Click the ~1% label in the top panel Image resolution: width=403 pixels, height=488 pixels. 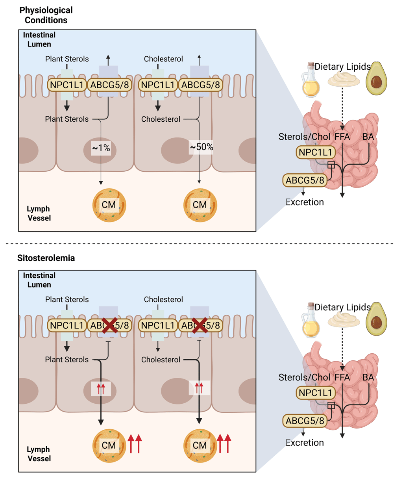point(101,148)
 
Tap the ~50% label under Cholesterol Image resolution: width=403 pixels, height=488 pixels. point(201,147)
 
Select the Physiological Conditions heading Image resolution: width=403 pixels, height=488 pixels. point(46,15)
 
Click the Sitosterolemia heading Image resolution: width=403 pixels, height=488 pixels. point(46,258)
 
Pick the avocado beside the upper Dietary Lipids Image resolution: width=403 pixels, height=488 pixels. point(376,78)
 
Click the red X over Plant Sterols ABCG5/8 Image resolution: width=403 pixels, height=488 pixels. point(109,325)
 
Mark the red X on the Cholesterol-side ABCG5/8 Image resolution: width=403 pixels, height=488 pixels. point(200,325)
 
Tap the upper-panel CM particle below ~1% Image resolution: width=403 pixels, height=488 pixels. point(109,205)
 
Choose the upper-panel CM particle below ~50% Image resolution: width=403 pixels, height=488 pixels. point(200,205)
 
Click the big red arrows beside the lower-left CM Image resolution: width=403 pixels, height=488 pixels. point(135,444)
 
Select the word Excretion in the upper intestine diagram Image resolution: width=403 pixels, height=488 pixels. point(305,202)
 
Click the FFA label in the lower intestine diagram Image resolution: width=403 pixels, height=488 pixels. point(342,377)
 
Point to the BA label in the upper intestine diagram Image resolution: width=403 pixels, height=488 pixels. point(368,137)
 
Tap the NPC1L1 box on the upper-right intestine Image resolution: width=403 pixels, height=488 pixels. point(316,152)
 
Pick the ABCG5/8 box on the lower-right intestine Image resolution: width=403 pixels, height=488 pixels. point(305,421)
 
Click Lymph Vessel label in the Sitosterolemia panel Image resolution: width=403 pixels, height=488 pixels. point(39,454)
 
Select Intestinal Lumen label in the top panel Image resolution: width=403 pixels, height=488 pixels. point(39,39)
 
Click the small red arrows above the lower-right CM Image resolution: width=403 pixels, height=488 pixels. point(199,388)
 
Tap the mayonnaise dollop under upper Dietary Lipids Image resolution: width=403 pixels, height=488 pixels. point(344,79)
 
